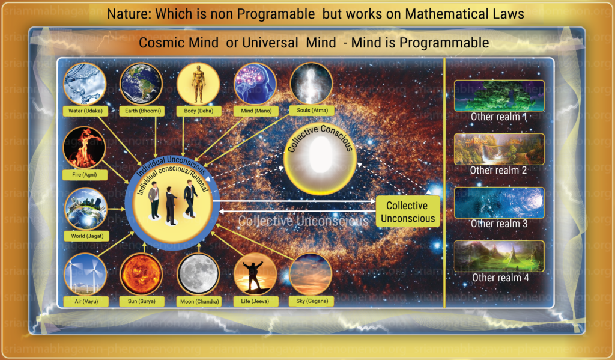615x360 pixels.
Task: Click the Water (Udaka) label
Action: (x=85, y=111)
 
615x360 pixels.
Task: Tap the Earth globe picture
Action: (x=141, y=84)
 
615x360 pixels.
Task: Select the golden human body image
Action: (x=198, y=84)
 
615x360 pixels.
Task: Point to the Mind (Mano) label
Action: (x=256, y=111)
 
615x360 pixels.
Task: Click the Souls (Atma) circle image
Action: (x=312, y=84)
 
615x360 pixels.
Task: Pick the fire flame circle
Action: (x=84, y=148)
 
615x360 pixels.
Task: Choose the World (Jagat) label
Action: (x=87, y=236)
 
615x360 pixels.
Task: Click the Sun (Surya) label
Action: (x=142, y=301)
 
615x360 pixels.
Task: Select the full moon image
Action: (x=198, y=274)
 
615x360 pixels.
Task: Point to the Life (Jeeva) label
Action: (x=255, y=301)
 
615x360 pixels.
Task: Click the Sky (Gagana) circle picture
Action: (x=311, y=274)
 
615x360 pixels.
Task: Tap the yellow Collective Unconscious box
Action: (x=408, y=212)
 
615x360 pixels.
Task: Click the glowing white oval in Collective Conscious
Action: (x=321, y=154)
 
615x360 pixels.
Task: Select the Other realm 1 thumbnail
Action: (x=499, y=96)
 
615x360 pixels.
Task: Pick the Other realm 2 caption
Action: (x=498, y=170)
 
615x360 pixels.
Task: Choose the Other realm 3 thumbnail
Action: (x=499, y=203)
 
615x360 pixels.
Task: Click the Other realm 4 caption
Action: (x=500, y=278)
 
